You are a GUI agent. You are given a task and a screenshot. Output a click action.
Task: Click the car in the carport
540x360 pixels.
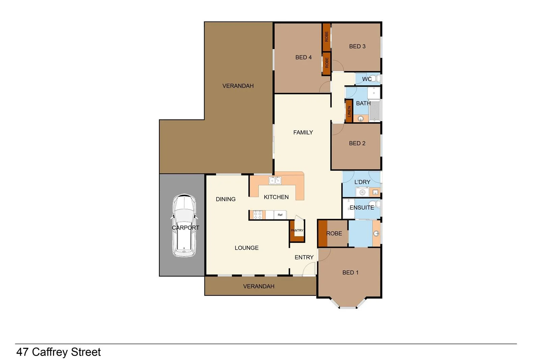(x=184, y=226)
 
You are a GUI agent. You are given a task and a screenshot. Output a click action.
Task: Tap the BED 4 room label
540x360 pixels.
(x=303, y=57)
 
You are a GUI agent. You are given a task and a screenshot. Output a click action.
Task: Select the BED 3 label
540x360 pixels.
(x=357, y=46)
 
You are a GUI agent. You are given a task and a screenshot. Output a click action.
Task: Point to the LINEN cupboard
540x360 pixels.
(x=349, y=111)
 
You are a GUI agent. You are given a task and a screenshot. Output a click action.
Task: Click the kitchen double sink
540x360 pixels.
(x=275, y=181)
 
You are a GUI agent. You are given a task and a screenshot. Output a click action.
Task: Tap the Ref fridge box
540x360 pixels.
(x=280, y=215)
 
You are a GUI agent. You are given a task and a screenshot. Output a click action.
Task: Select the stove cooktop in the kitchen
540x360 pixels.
(x=258, y=215)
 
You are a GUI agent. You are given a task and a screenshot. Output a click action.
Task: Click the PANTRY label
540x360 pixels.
(x=297, y=230)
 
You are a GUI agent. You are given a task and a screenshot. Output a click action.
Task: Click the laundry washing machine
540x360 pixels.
(x=362, y=192)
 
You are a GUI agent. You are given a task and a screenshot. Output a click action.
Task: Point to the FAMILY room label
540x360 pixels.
(x=303, y=132)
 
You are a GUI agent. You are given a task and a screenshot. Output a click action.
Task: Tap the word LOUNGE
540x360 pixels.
(x=246, y=248)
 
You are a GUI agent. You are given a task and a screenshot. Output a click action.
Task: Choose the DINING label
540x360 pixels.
(x=225, y=199)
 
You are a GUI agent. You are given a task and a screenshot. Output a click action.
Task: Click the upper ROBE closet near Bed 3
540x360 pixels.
(x=326, y=36)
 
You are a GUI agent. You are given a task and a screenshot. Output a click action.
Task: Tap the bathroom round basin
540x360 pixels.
(x=360, y=119)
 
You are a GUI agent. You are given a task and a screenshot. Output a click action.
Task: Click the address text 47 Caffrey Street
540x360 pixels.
(x=58, y=352)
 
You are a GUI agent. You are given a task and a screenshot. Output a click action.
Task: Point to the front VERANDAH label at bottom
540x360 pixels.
(x=259, y=286)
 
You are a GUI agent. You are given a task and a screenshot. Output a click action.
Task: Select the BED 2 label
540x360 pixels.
(x=357, y=143)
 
